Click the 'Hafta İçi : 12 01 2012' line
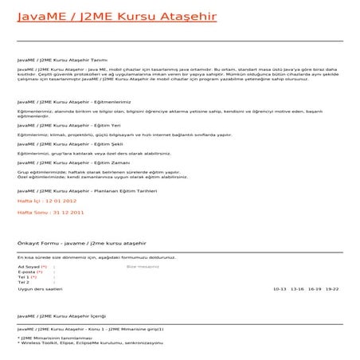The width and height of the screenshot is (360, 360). click(x=47, y=202)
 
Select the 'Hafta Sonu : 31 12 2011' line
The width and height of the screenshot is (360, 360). click(x=50, y=213)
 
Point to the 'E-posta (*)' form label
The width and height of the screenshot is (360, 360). click(x=30, y=272)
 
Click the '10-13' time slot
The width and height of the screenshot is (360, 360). click(x=279, y=288)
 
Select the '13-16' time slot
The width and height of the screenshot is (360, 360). click(x=297, y=288)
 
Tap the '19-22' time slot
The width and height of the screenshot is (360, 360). click(x=332, y=288)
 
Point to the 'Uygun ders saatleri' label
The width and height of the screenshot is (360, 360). click(x=40, y=288)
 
